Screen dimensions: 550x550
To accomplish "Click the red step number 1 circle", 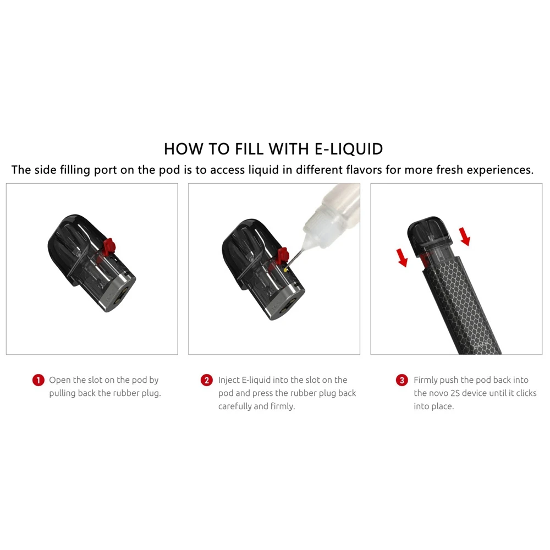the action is pyautogui.click(x=38, y=380).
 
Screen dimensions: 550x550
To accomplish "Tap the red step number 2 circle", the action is pyautogui.click(x=207, y=380).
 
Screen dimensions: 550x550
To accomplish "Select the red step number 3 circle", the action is pyautogui.click(x=402, y=380).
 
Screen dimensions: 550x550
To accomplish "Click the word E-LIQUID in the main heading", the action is pyautogui.click(x=348, y=148).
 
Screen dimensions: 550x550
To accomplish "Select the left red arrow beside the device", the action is pyautogui.click(x=402, y=258).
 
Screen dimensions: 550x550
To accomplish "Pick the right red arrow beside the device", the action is pyautogui.click(x=465, y=236).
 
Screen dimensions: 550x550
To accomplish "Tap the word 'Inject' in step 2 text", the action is pyautogui.click(x=229, y=380).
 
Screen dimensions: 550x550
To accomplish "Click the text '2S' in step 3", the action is pyautogui.click(x=455, y=393).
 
